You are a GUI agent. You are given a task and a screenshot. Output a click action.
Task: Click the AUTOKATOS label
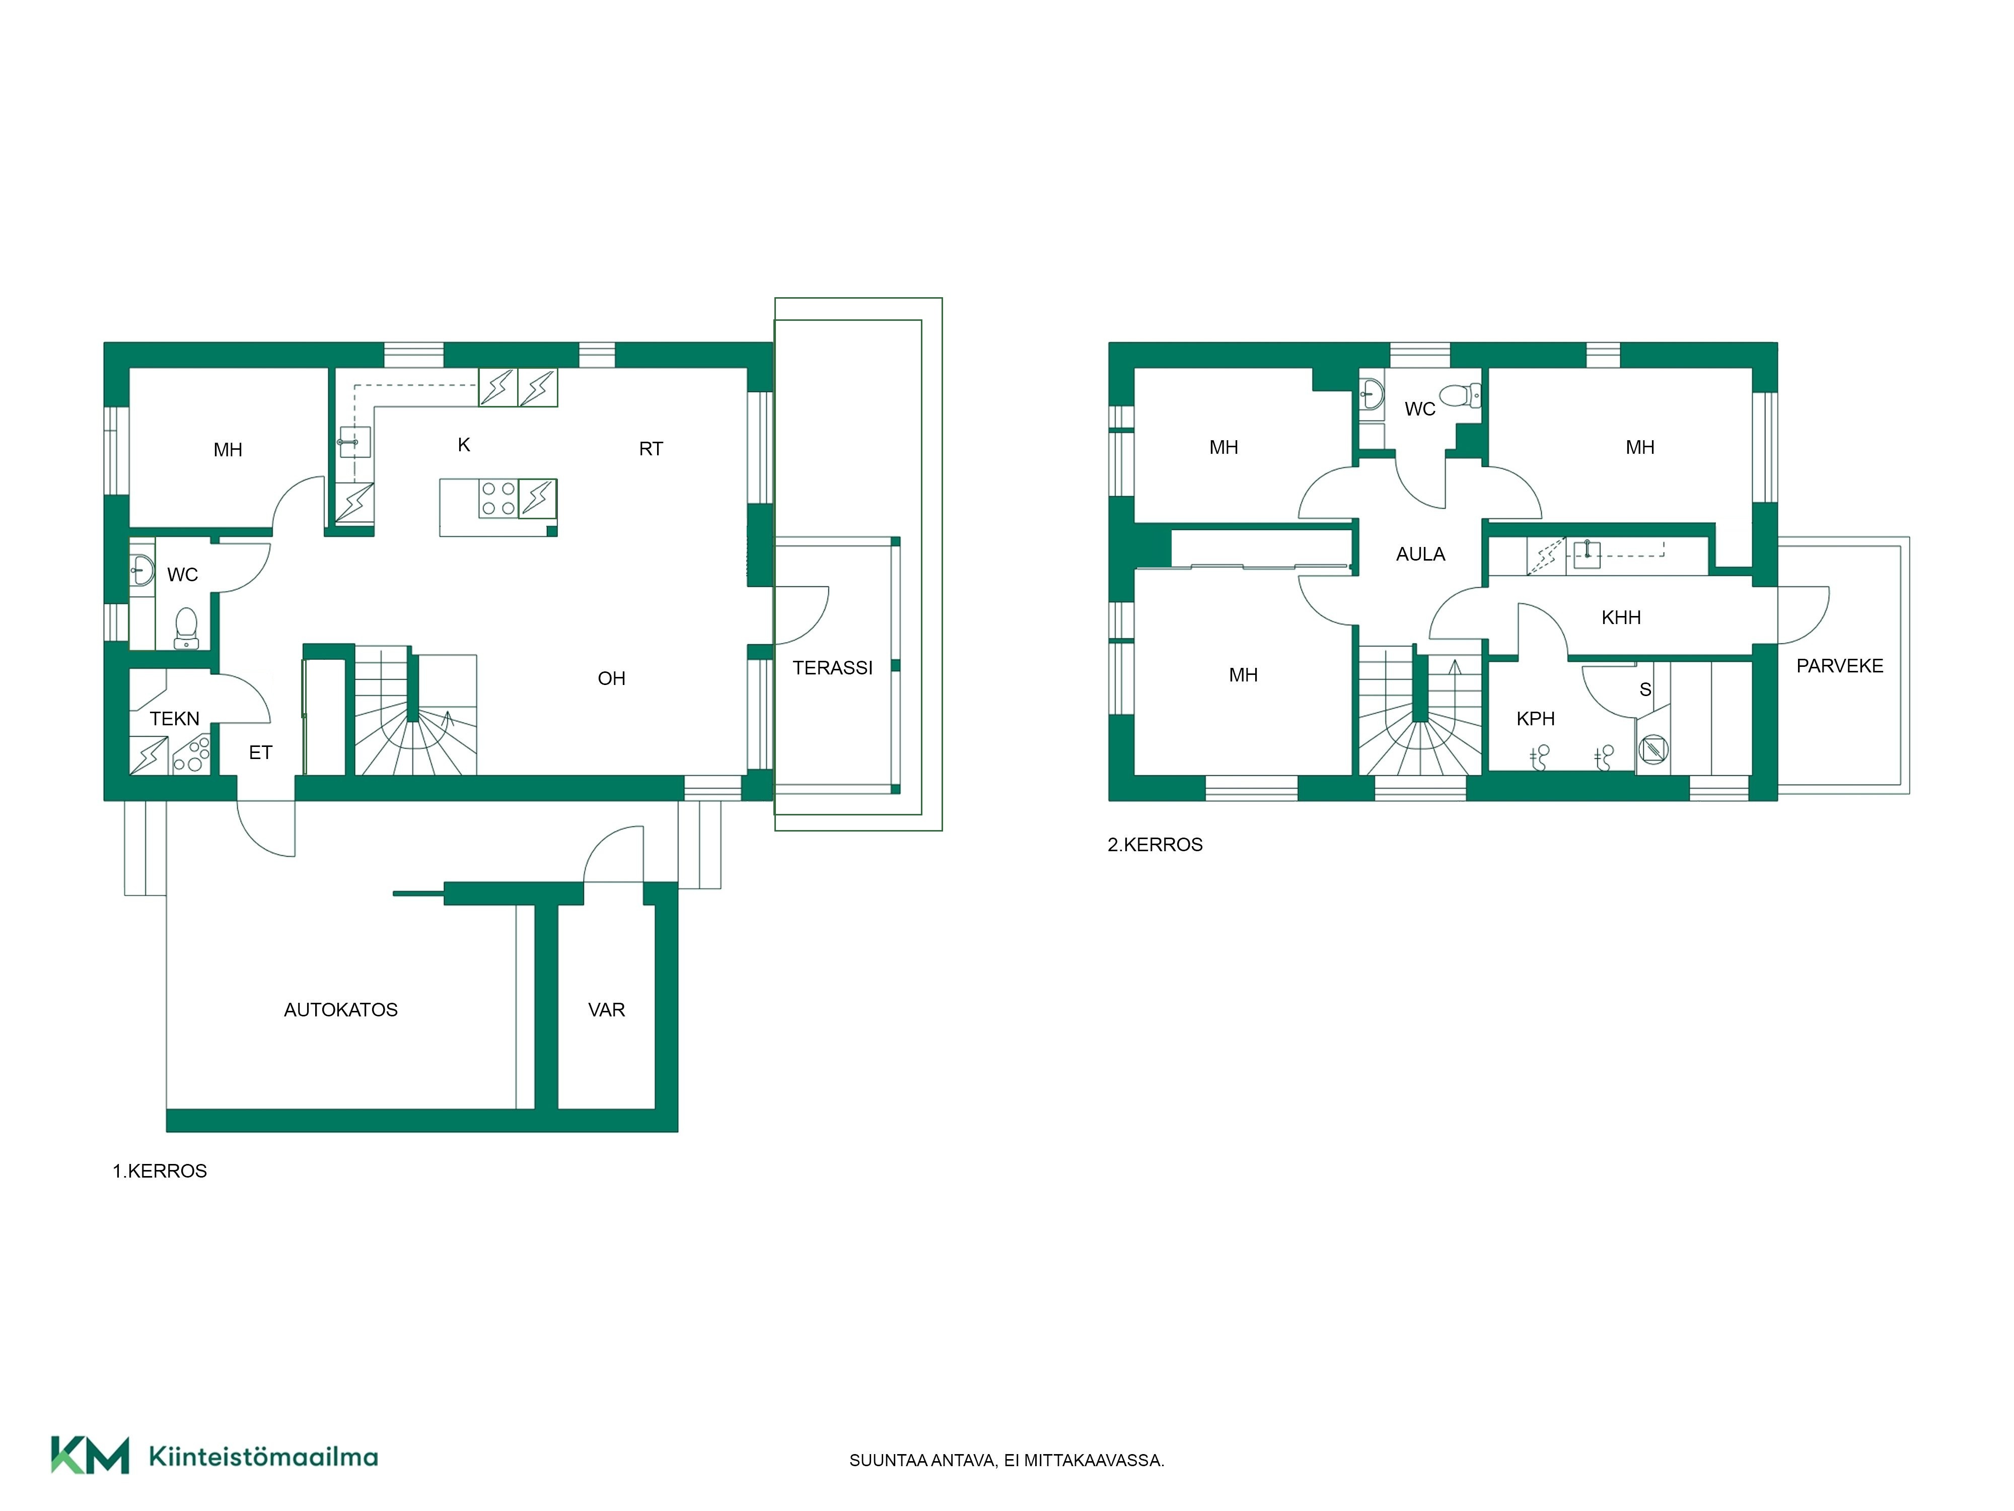tap(340, 1009)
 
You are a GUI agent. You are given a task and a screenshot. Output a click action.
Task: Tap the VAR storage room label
tap(606, 1009)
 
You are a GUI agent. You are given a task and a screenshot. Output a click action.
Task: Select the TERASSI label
tap(832, 667)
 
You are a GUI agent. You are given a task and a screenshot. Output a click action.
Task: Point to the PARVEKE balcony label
tap(1839, 666)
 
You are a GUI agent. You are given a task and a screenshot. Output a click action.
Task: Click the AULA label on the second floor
tap(1420, 554)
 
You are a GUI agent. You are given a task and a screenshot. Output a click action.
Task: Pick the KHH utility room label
tap(1621, 617)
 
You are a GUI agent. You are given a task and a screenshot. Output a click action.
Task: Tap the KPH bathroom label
tap(1535, 719)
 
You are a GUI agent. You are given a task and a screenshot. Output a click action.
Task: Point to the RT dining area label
tap(651, 449)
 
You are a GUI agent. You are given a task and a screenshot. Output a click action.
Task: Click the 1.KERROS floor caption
tap(159, 1171)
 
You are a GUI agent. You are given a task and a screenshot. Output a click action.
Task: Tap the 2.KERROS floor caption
tap(1155, 845)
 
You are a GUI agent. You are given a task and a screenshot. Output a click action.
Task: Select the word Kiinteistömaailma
tap(263, 1457)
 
